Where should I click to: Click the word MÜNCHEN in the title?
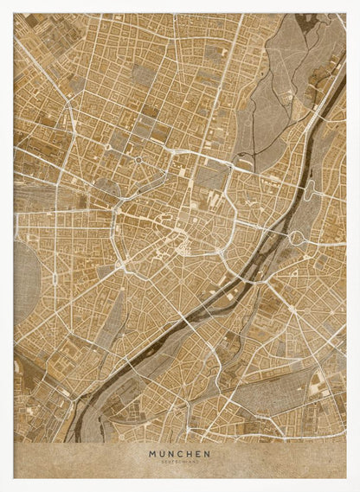[x=179, y=452]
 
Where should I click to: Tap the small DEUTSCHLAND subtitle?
[x=179, y=461]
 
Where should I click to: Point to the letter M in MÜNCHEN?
[x=152, y=452]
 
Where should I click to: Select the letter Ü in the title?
[x=162, y=452]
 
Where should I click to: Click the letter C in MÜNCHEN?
[x=180, y=452]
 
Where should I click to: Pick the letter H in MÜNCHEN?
[x=189, y=452]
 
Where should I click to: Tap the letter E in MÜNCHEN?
[x=198, y=452]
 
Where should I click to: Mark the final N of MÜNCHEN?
[x=207, y=452]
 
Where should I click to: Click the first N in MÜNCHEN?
[x=170, y=452]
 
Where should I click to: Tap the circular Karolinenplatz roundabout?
[x=137, y=161]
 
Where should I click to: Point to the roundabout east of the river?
[x=296, y=237]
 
